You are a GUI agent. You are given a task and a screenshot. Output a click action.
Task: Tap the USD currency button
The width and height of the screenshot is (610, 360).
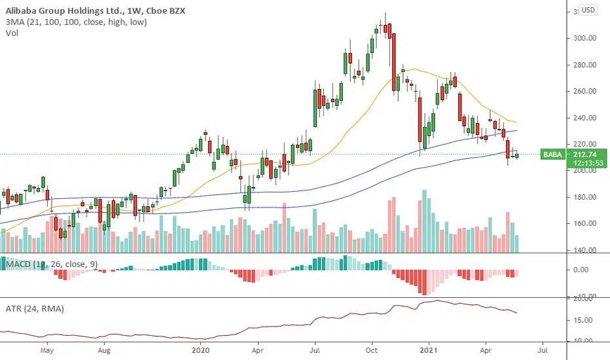coord(588,10)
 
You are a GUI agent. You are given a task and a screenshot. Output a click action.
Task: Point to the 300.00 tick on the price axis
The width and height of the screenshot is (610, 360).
coord(583,38)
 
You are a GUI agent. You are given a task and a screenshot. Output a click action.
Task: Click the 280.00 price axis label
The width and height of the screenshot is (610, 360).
coord(583,65)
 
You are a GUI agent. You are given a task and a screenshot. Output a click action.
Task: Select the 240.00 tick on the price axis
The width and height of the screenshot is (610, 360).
coord(583,118)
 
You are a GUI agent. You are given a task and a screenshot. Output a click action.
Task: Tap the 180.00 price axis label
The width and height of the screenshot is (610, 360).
coord(583,197)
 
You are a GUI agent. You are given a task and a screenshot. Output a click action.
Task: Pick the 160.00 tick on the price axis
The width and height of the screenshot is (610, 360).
coord(583,223)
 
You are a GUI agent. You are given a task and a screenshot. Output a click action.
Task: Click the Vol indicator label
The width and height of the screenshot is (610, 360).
coord(12,33)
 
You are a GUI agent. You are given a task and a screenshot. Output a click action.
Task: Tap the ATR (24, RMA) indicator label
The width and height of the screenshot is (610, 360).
coord(35,308)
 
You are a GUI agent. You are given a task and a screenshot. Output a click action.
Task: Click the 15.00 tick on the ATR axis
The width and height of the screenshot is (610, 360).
coord(582,320)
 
